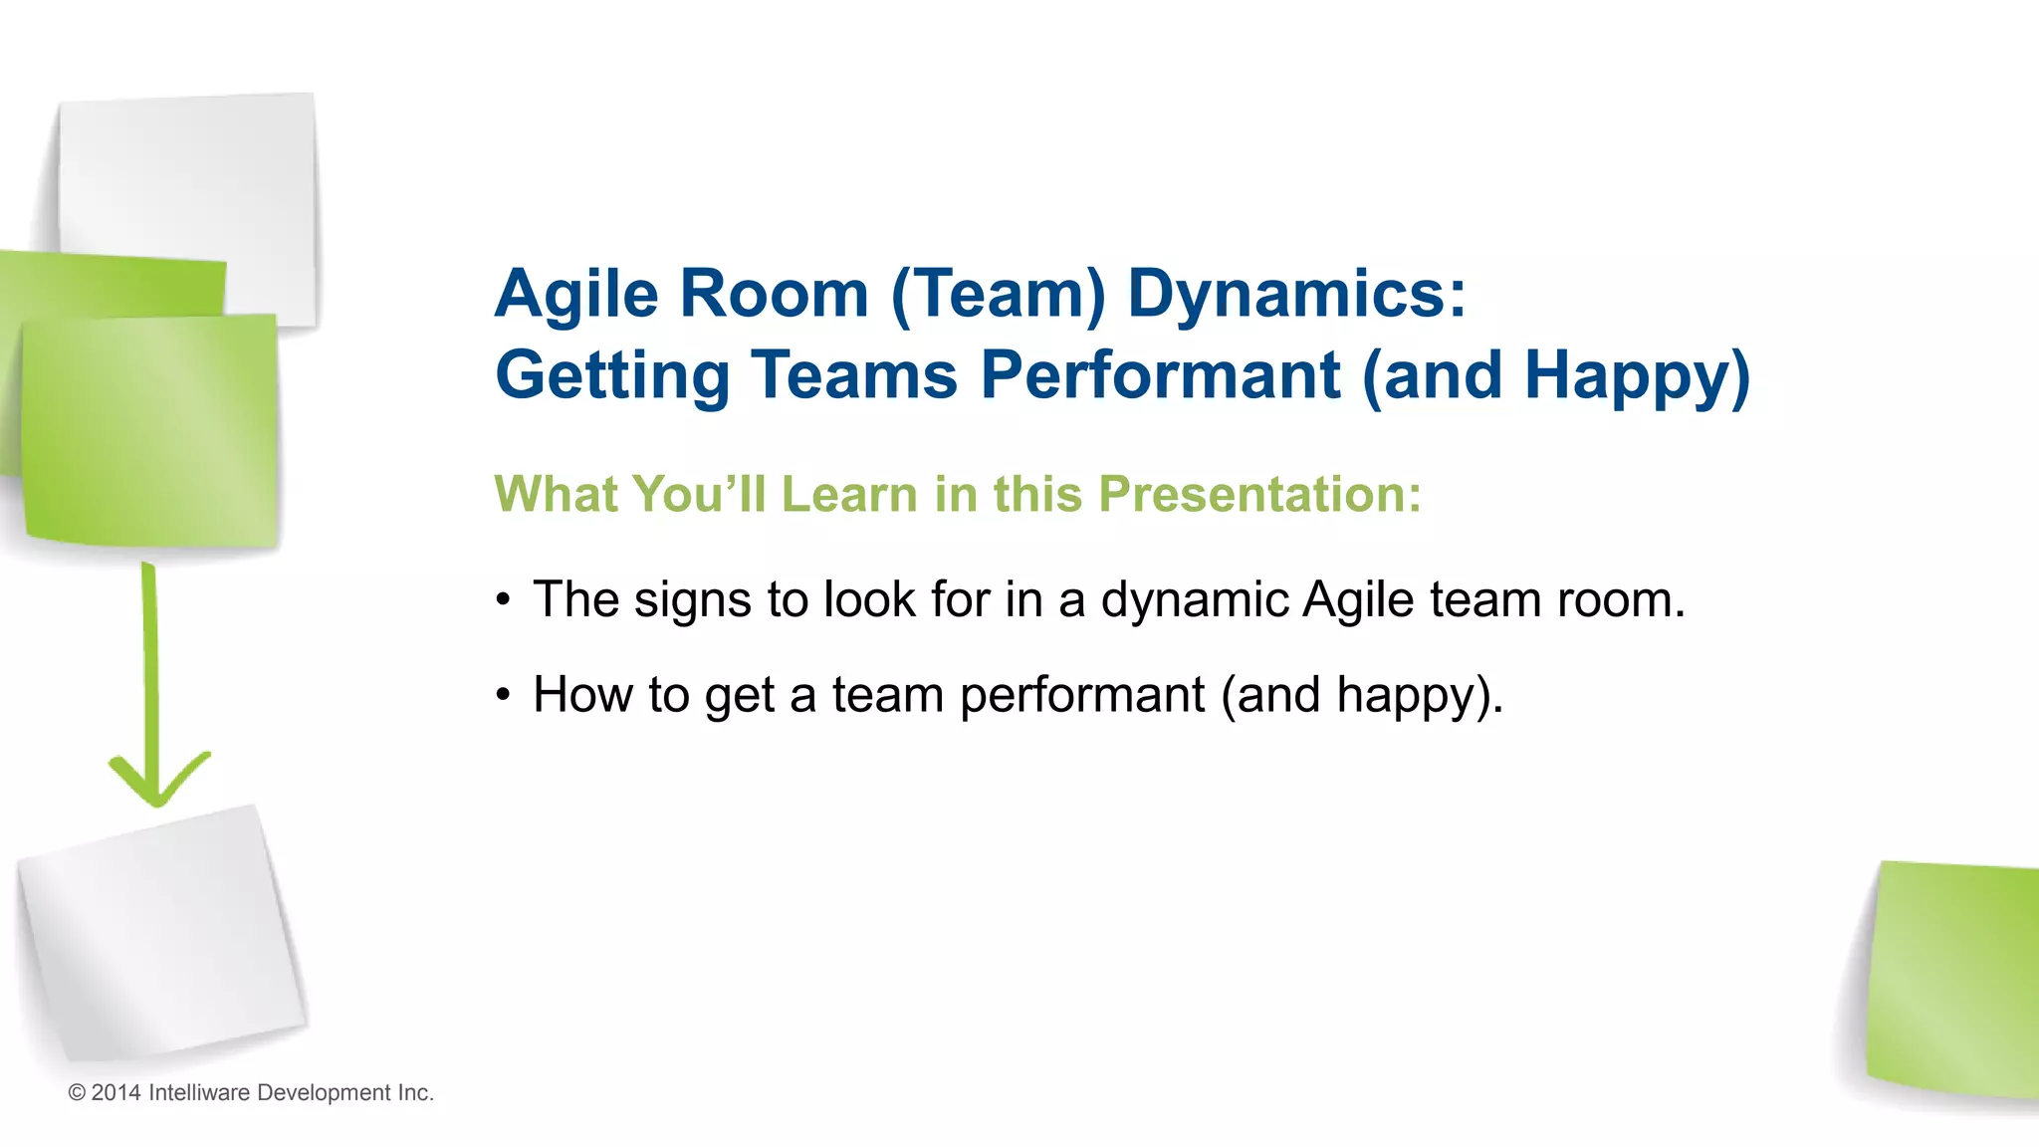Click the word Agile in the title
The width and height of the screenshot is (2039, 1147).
pos(576,295)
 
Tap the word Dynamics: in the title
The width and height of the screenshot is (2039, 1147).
pos(1296,295)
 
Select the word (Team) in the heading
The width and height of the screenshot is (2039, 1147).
pos(998,295)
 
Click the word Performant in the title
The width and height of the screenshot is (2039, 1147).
pos(1160,375)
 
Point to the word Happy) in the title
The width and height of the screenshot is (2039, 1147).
pos(1637,375)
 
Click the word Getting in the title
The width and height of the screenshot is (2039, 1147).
pos(612,375)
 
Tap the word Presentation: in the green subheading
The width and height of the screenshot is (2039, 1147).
pos(1259,494)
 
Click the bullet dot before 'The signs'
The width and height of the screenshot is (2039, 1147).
pos(504,600)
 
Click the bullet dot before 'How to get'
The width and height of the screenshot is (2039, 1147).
pos(504,695)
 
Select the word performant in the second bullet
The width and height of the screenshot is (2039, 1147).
pos(1081,695)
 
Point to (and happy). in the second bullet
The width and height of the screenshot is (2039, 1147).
pos(1362,695)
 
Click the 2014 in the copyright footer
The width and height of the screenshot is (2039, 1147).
pos(115,1092)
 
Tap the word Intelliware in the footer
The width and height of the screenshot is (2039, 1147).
pos(198,1092)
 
